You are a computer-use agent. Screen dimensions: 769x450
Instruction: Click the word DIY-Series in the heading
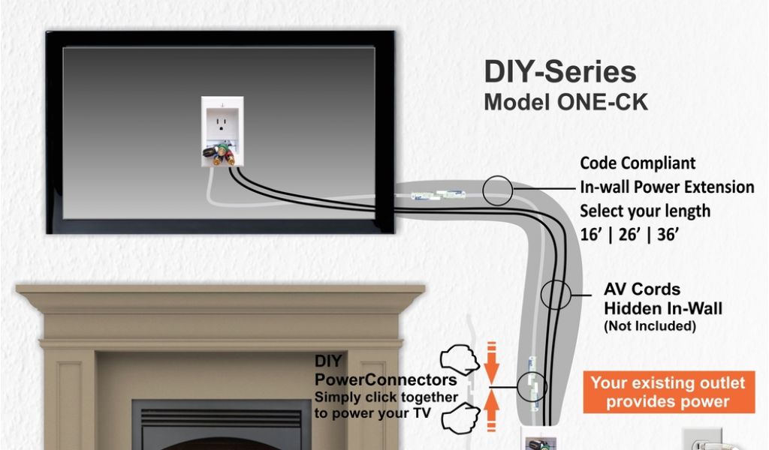pyautogui.click(x=559, y=72)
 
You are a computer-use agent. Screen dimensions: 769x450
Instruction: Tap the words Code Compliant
pyautogui.click(x=638, y=163)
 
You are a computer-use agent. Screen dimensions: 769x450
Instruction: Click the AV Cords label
pyautogui.click(x=642, y=289)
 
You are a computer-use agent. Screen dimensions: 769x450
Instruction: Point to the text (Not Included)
pyautogui.click(x=650, y=326)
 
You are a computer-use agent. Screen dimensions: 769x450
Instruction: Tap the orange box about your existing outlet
pyautogui.click(x=668, y=392)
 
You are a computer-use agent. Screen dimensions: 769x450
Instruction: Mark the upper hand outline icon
pyautogui.click(x=460, y=359)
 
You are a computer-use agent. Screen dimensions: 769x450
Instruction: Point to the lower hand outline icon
pyautogui.click(x=460, y=417)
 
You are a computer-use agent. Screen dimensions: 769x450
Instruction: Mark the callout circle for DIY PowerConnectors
pyautogui.click(x=532, y=386)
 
